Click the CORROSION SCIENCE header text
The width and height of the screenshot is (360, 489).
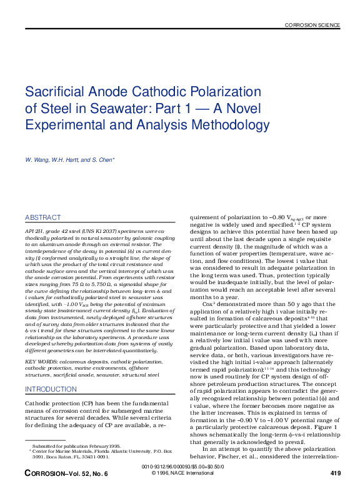312,26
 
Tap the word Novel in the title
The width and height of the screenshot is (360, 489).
242,108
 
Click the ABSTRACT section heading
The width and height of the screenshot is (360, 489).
43,217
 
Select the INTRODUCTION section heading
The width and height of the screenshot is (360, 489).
51,389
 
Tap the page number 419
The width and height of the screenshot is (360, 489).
334,473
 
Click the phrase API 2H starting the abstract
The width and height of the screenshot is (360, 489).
34,230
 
